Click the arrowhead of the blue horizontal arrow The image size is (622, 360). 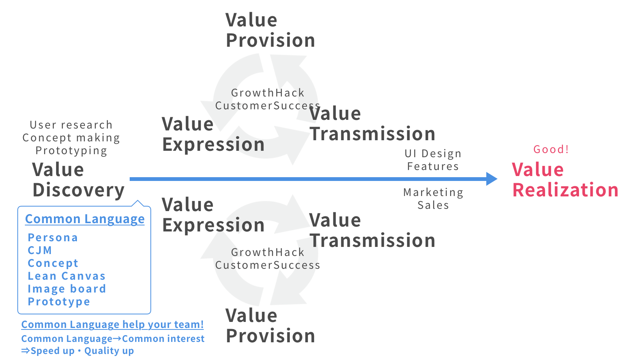(x=492, y=179)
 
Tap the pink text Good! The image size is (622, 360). (x=551, y=149)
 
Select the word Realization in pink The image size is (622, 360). (x=565, y=190)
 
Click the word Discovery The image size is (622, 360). (x=78, y=190)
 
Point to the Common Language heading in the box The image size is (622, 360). (x=85, y=219)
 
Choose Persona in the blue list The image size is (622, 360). (x=53, y=237)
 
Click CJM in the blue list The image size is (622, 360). (x=40, y=250)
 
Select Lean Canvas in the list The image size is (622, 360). (x=67, y=276)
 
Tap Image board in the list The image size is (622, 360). (x=67, y=289)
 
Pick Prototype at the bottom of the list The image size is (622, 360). (x=59, y=302)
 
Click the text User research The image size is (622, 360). (x=71, y=125)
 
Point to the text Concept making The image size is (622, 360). (x=71, y=138)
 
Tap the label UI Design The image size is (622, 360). (x=433, y=153)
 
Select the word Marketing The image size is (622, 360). (x=433, y=192)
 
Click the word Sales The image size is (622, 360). (x=433, y=205)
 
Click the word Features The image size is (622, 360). (x=433, y=166)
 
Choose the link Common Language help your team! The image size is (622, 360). (x=112, y=325)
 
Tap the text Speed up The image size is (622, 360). (x=52, y=351)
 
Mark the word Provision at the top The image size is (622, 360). (x=270, y=40)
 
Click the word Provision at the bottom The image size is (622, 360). (x=270, y=335)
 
